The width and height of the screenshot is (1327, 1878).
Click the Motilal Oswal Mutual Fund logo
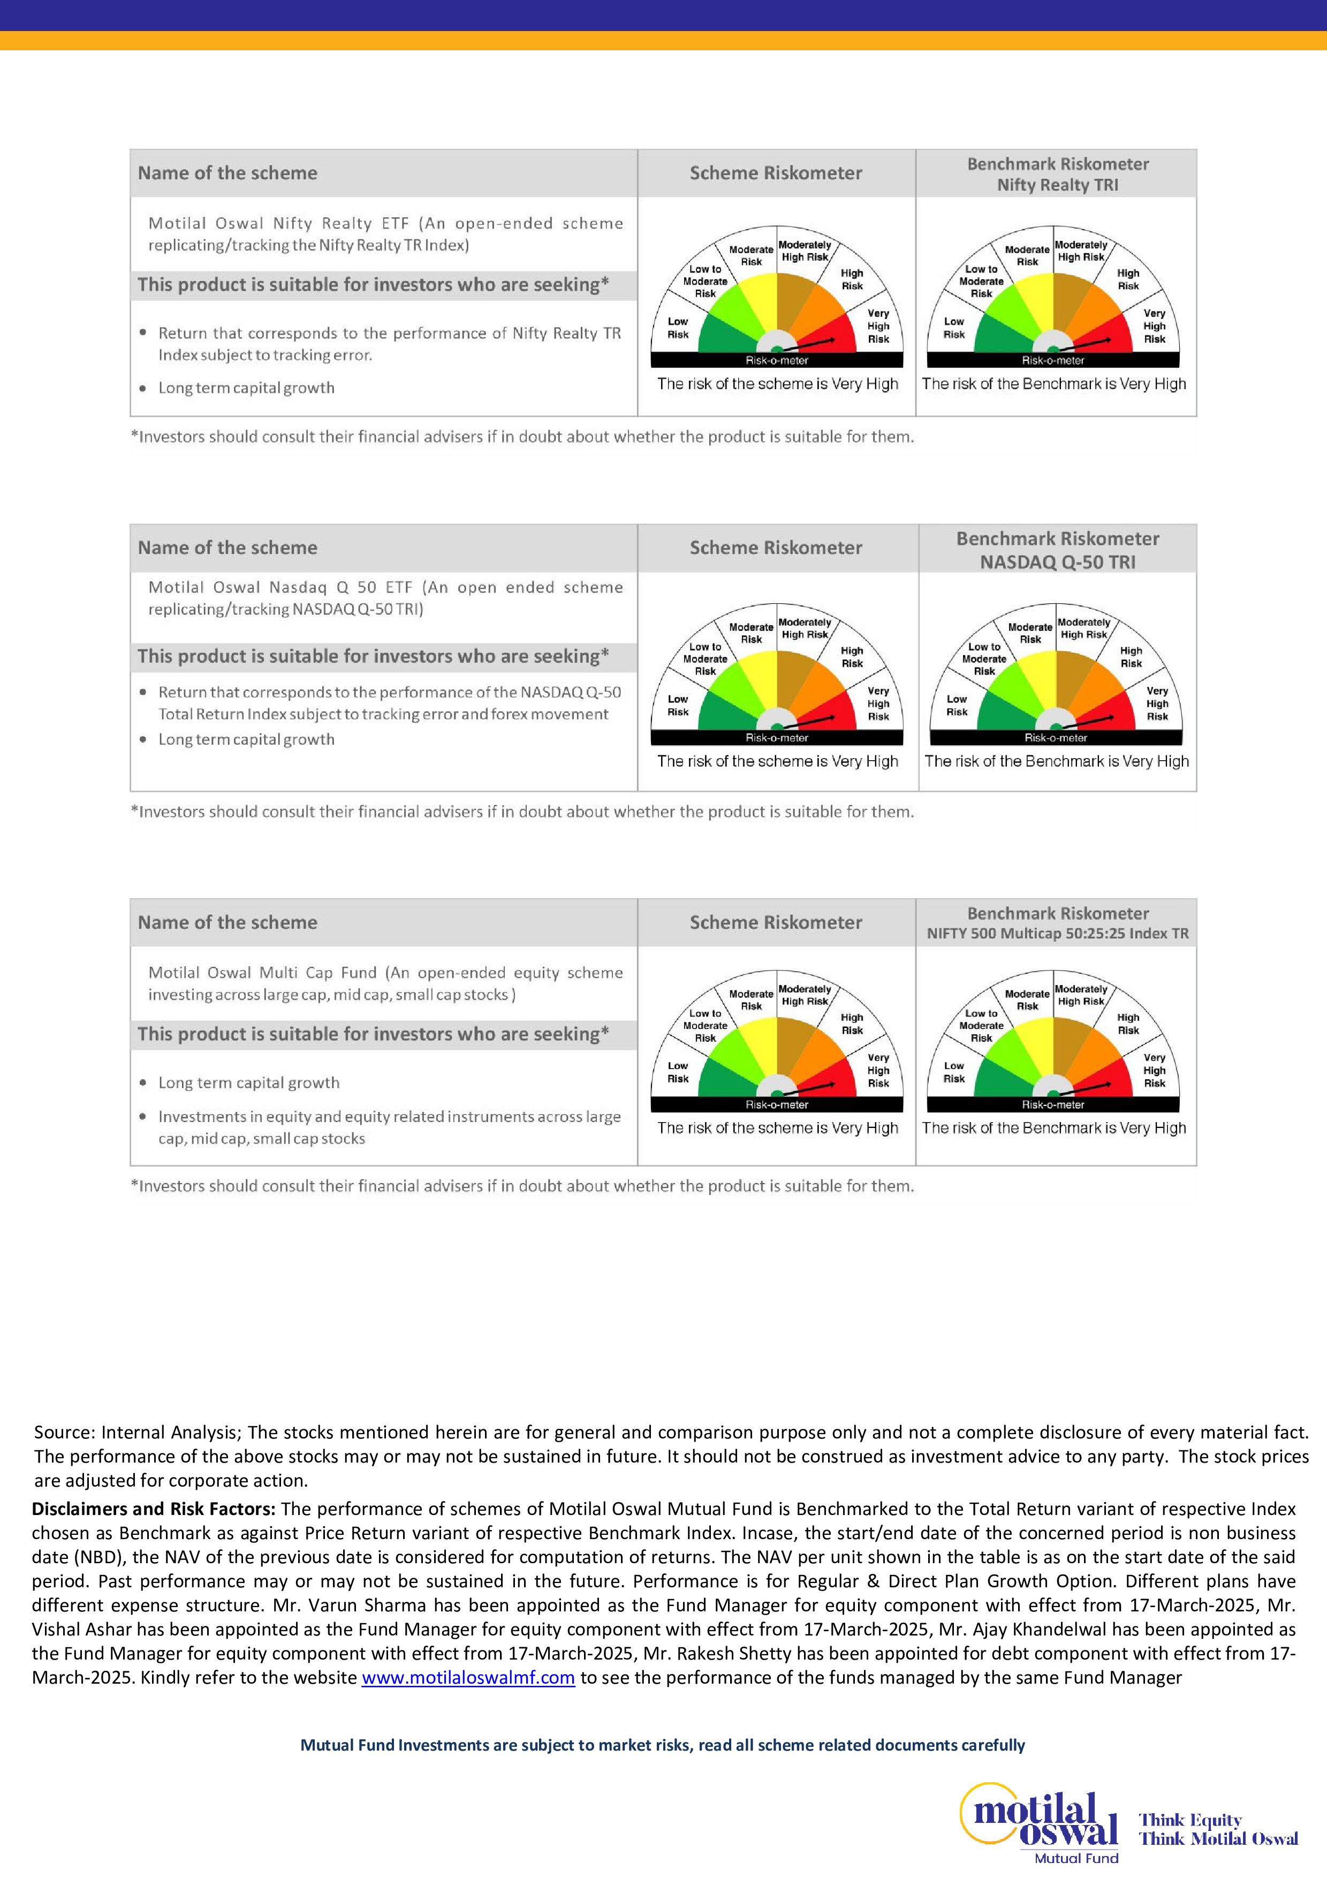pos(1039,1822)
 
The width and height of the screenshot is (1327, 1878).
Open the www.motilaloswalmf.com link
pos(468,1678)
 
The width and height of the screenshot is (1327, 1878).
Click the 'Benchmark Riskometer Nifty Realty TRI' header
pos(1057,174)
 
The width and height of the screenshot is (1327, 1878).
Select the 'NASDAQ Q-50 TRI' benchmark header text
pos(1057,562)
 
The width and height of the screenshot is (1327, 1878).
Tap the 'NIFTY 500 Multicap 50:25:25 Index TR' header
pos(1057,933)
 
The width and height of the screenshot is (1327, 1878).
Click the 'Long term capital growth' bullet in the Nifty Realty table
pos(246,388)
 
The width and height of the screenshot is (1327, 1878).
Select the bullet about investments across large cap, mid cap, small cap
pos(389,1127)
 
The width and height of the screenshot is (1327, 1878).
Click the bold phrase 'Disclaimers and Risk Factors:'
pos(153,1509)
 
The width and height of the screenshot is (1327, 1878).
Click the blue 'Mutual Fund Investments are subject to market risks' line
pos(662,1745)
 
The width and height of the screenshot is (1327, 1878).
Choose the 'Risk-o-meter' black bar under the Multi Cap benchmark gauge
pos(1053,1105)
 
